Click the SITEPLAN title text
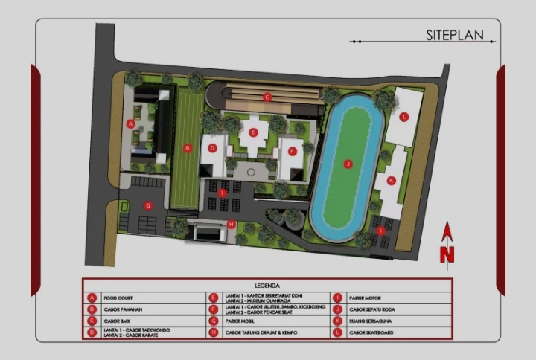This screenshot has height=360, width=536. pyautogui.click(x=454, y=35)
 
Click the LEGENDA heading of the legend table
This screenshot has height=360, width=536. pyautogui.click(x=267, y=285)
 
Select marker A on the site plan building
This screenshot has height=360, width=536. pyautogui.click(x=131, y=123)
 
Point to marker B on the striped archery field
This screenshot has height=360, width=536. pyautogui.click(x=188, y=148)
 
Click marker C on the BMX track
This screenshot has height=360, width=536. pyautogui.click(x=267, y=97)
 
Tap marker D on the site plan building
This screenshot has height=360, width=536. pyautogui.click(x=212, y=148)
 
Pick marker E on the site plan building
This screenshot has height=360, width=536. pyautogui.click(x=254, y=132)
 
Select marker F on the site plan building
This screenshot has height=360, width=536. pyautogui.click(x=293, y=151)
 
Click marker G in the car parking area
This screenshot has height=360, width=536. pyautogui.click(x=148, y=205)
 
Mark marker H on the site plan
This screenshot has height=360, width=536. pyautogui.click(x=232, y=224)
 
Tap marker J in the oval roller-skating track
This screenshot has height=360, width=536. pyautogui.click(x=347, y=164)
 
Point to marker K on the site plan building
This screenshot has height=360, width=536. pyautogui.click(x=391, y=180)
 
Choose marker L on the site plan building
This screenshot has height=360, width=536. pyautogui.click(x=404, y=117)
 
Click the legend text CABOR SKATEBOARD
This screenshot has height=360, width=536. pyautogui.click(x=370, y=332)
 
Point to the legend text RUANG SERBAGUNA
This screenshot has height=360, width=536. pyautogui.click(x=368, y=321)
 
